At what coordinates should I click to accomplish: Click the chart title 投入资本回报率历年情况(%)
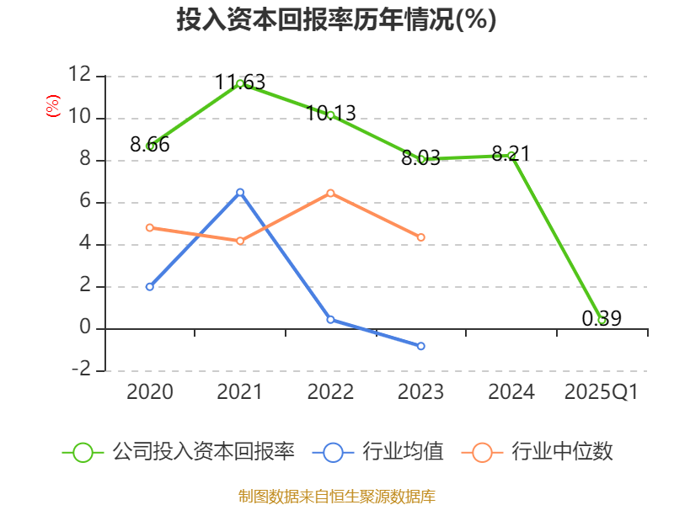point(336,19)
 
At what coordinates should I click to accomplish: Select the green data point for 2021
point(240,83)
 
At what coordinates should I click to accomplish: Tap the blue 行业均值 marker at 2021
point(240,193)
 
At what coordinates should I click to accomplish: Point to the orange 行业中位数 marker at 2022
point(330,194)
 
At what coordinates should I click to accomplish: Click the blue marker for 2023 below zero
point(420,346)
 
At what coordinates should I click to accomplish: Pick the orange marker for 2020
point(150,227)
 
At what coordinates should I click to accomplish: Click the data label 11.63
point(240,82)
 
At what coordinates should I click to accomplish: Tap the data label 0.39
point(602,319)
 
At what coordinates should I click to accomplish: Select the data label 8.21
point(511,154)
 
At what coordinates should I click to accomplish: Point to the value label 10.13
point(330,114)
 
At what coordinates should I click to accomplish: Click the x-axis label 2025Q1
point(602,391)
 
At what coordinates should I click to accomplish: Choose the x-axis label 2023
point(420,391)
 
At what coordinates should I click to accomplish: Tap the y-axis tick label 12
point(80,74)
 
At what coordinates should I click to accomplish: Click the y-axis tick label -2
point(81,369)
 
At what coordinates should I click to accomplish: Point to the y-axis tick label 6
point(85,200)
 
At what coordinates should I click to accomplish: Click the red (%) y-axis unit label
point(53,106)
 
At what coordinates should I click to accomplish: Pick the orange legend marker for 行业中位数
point(482,453)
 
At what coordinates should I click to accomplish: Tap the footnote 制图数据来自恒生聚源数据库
point(336,497)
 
